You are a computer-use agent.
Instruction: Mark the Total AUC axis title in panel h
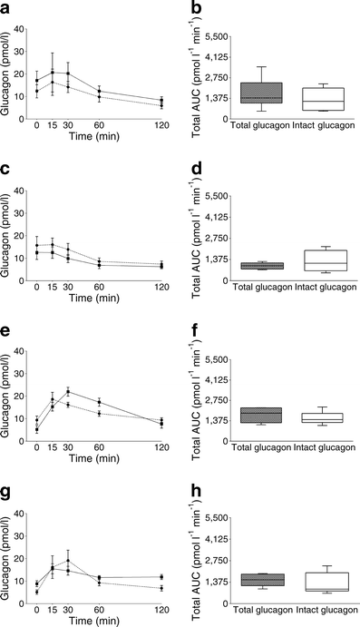(200, 554)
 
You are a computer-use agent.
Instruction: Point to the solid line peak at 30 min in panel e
(68, 391)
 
